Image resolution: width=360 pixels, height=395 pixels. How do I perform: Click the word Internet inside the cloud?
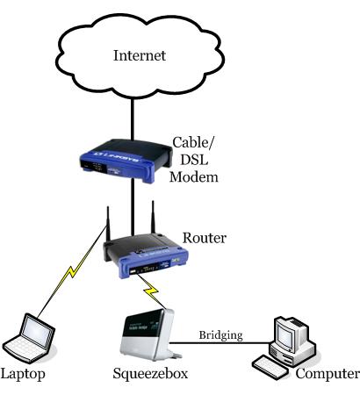pyautogui.click(x=140, y=57)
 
